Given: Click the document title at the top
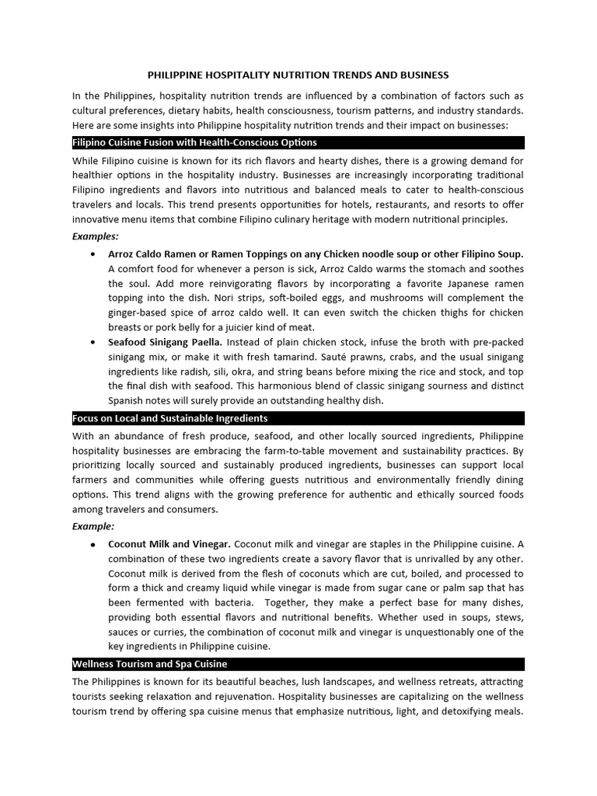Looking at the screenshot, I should click(x=298, y=75).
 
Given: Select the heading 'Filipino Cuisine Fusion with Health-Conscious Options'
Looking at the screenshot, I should click(x=194, y=143).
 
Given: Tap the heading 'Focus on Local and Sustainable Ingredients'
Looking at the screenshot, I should click(x=169, y=419).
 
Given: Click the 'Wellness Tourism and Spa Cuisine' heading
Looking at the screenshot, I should click(x=149, y=665).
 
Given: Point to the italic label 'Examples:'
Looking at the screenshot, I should click(x=96, y=236).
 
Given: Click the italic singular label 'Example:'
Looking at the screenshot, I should click(x=93, y=527).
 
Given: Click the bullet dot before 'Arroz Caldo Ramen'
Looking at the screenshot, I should click(x=93, y=254).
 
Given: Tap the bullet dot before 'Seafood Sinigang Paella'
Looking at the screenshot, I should click(x=93, y=342).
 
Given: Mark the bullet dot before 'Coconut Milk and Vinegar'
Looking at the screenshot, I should click(x=93, y=544).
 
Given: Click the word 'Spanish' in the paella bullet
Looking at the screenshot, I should click(x=126, y=401).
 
